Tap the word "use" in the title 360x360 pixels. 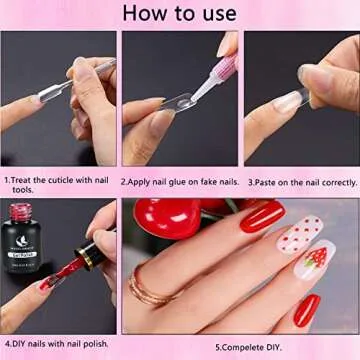pyautogui.click(x=219, y=13)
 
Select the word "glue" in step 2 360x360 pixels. pyautogui.click(x=180, y=182)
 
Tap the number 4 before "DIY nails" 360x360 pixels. pyautogui.click(x=6, y=344)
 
